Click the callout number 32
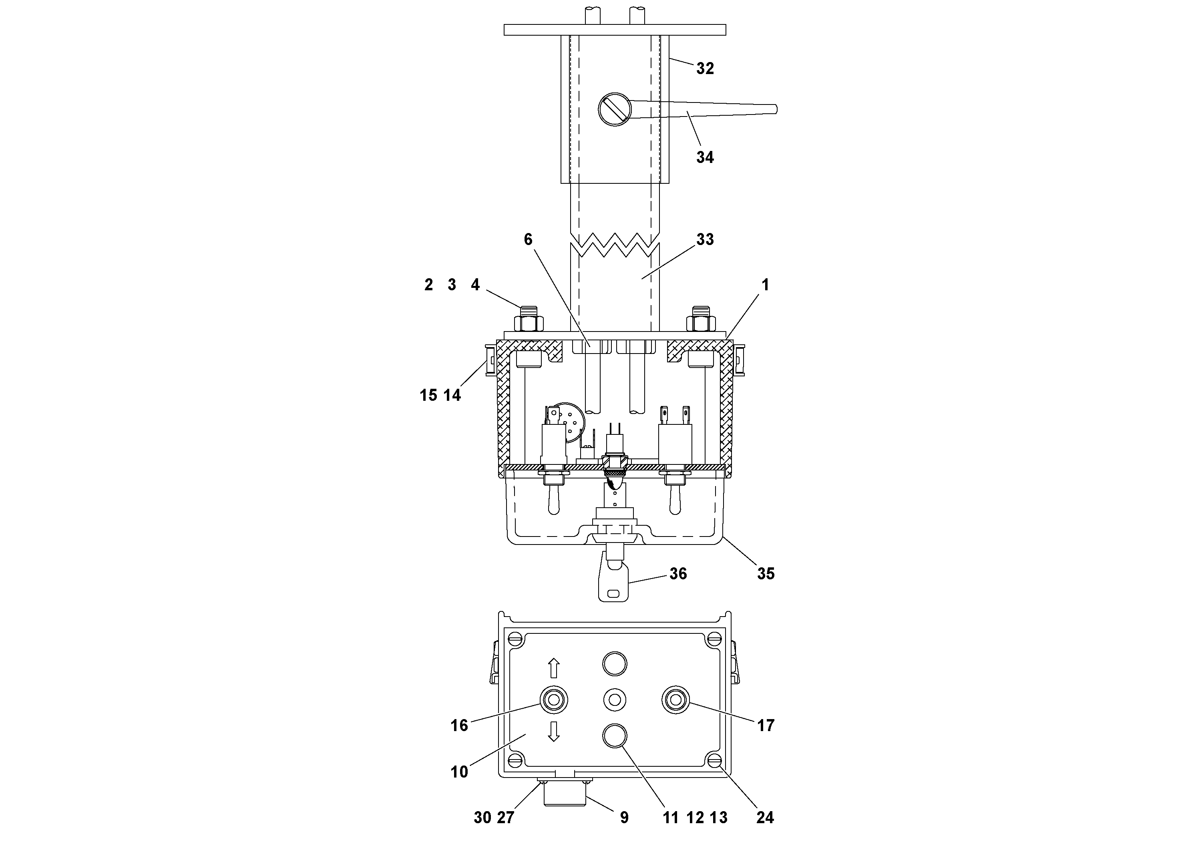[704, 68]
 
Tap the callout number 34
[704, 157]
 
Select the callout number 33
[704, 239]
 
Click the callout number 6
[528, 239]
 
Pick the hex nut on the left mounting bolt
[529, 324]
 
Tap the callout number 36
[678, 574]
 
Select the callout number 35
[765, 574]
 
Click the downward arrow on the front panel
[553, 731]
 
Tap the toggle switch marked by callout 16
[553, 700]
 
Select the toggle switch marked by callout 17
[675, 700]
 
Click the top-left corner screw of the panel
[515, 638]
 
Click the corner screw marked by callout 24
[714, 761]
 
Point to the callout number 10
[459, 772]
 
